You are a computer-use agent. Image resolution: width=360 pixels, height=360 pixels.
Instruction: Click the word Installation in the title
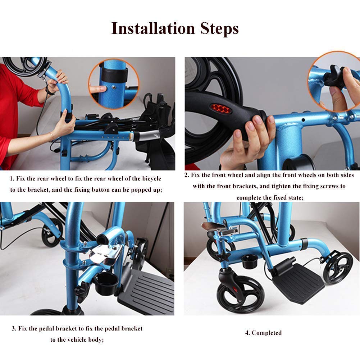coord(153,28)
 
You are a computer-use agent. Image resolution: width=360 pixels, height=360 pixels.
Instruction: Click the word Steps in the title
coord(219,29)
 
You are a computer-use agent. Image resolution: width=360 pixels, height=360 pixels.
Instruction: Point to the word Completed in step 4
coord(266,333)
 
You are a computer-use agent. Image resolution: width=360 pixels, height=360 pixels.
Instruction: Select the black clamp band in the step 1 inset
coord(115,75)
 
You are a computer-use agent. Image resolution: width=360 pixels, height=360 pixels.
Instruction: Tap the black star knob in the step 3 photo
coord(82,292)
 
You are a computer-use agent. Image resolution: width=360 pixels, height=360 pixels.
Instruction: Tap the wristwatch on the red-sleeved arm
coord(49,91)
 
